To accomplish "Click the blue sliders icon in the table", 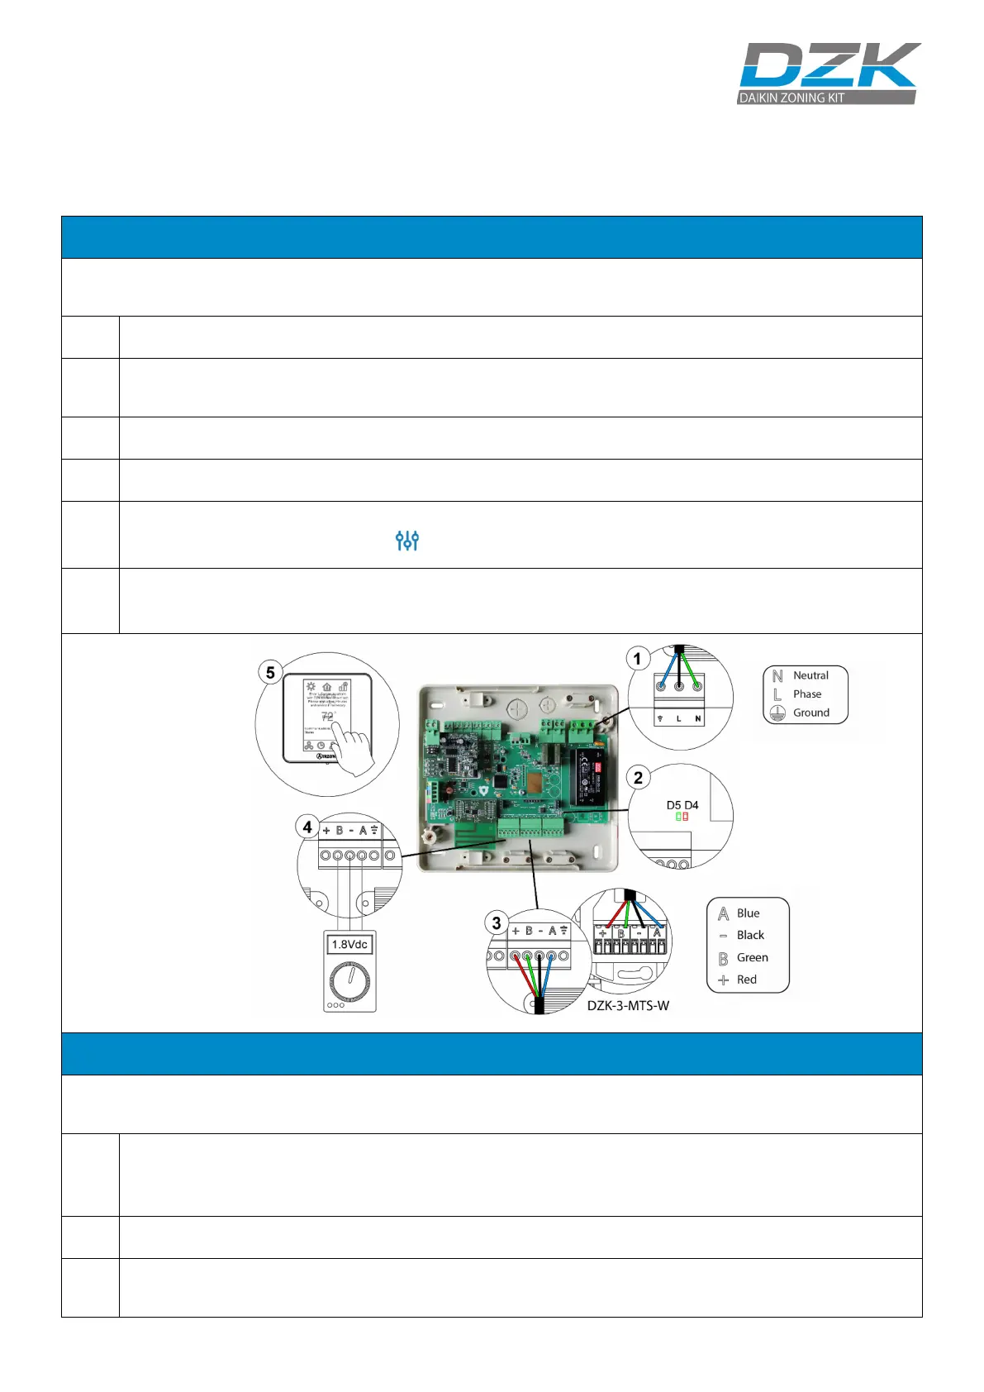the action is click(407, 541).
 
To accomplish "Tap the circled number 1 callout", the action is click(637, 659).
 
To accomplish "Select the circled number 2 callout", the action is click(638, 778).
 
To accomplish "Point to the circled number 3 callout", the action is click(496, 923).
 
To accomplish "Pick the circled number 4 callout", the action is click(307, 827).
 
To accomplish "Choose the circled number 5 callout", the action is click(270, 672).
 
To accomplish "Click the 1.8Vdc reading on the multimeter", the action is click(349, 944).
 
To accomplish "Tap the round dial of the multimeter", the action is click(349, 980).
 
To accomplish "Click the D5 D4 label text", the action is click(682, 805).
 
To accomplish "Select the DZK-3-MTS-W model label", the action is click(628, 1006).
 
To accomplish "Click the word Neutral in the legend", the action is click(810, 675).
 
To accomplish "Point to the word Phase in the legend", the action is click(807, 694).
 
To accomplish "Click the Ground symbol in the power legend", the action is click(777, 713).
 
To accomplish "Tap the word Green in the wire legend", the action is click(753, 957).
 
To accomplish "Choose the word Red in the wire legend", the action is click(747, 980).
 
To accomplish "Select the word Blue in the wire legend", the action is click(749, 913).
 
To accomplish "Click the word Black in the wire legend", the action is click(750, 935).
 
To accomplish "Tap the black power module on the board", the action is click(589, 779).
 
